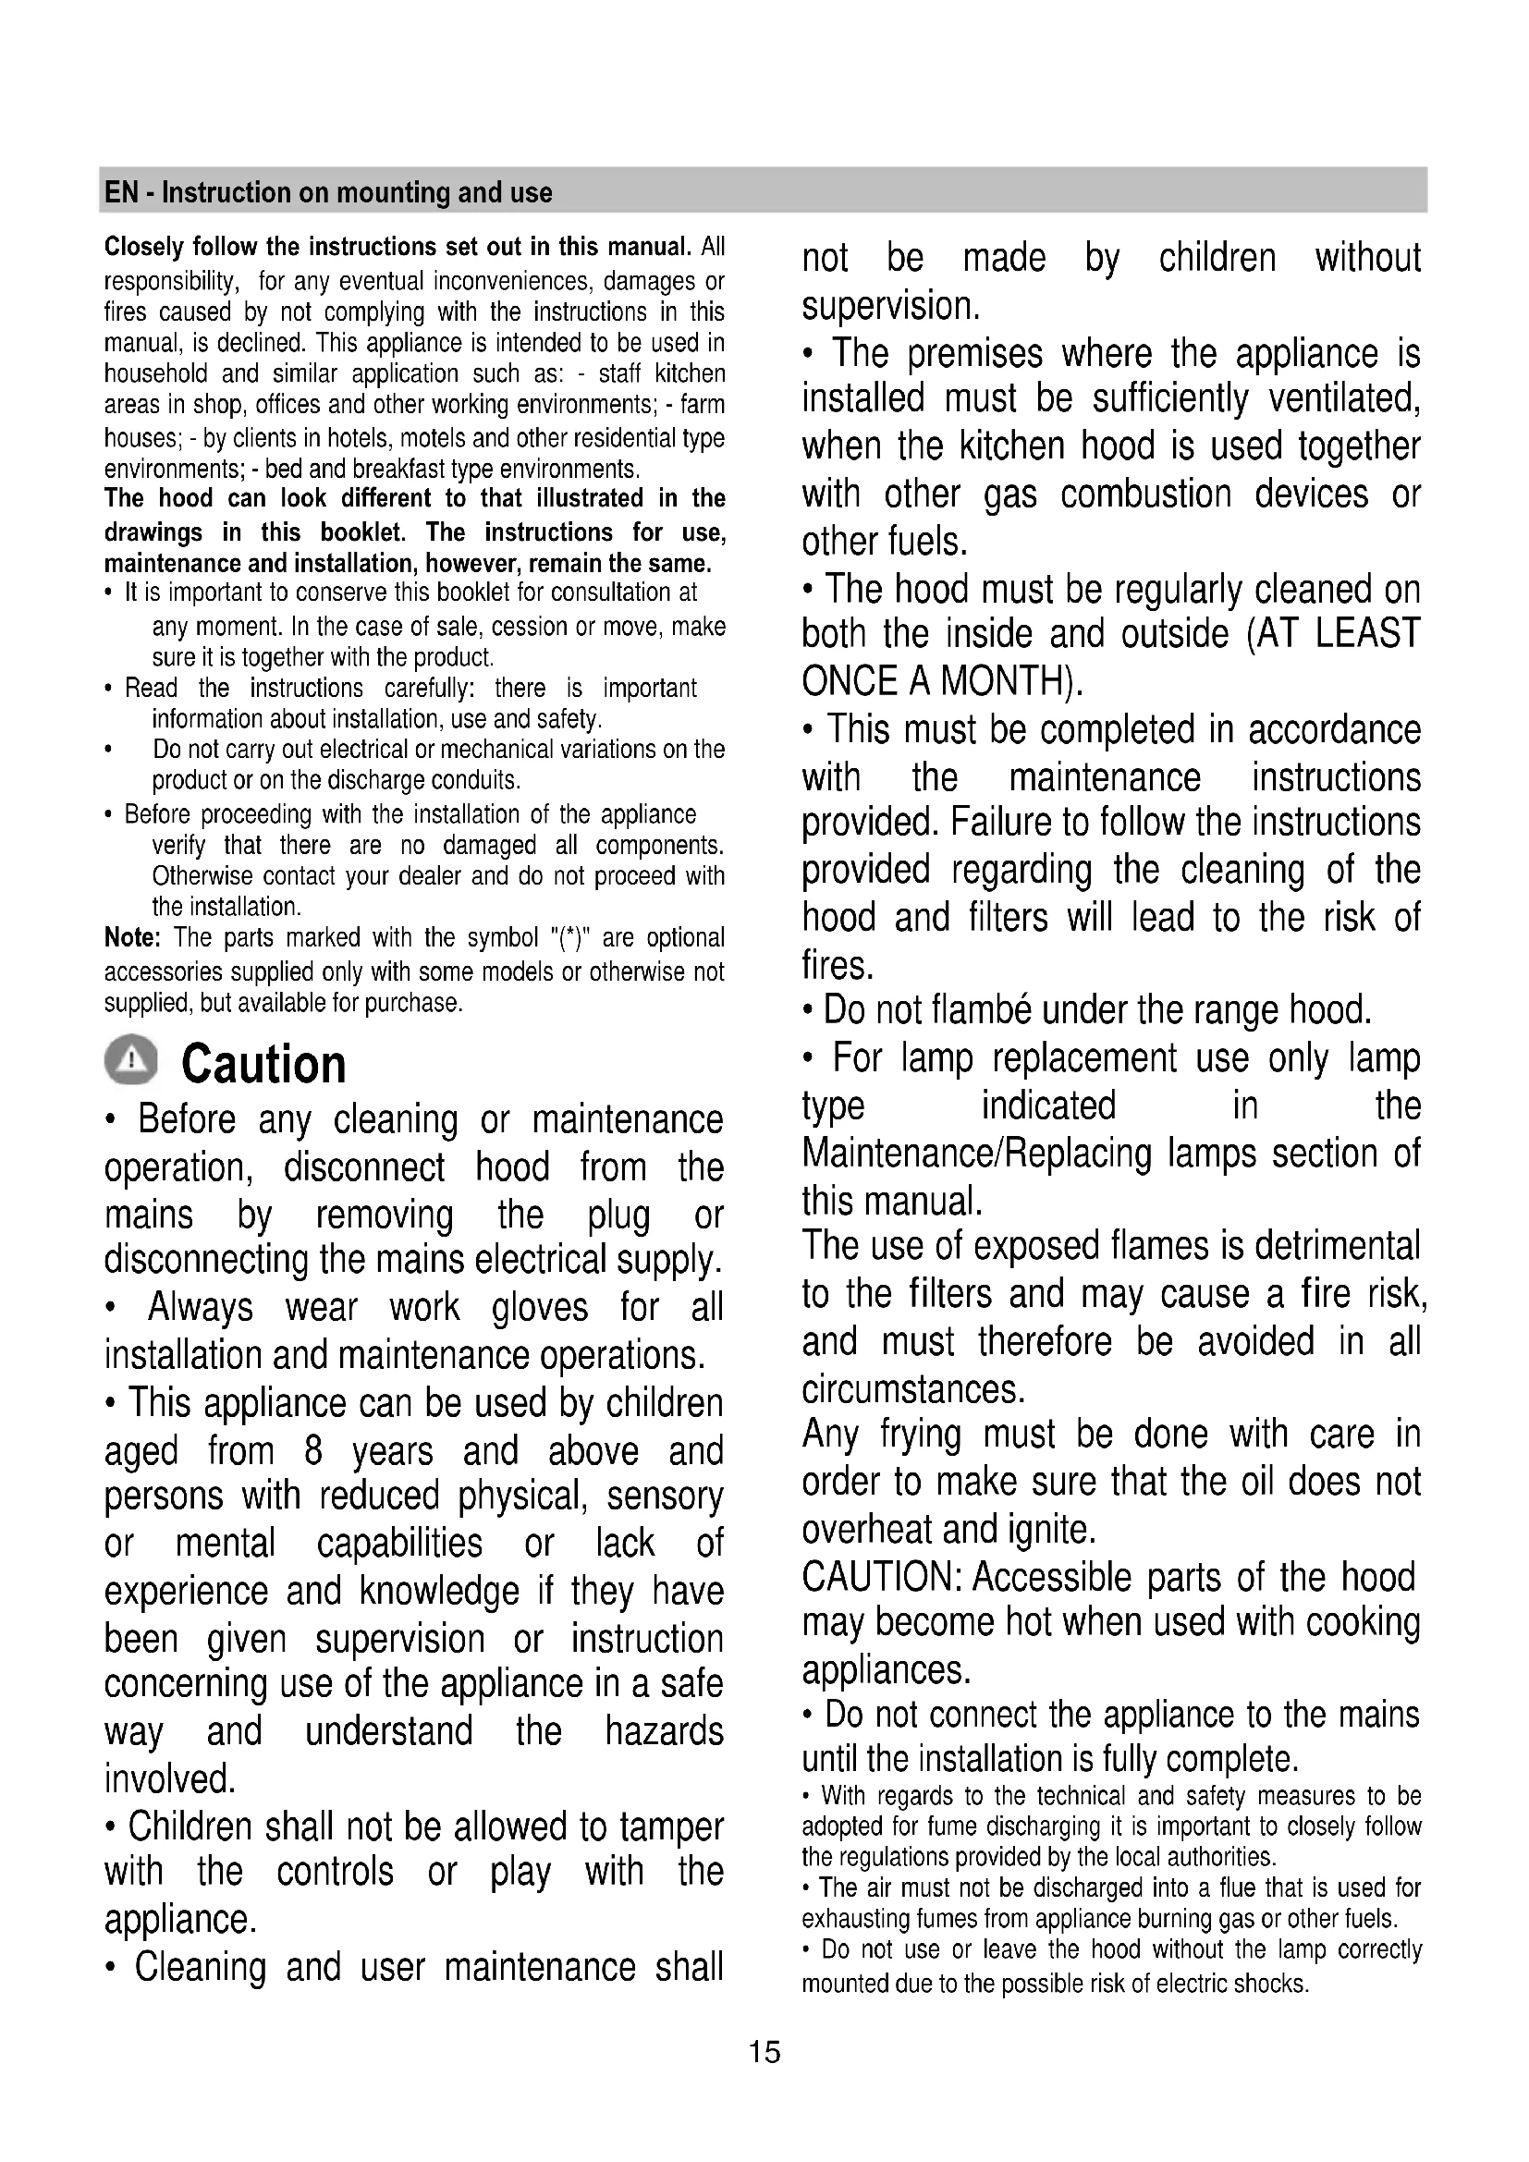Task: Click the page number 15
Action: (764, 2051)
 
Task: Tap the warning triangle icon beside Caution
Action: (132, 1062)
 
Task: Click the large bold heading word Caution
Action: (263, 1065)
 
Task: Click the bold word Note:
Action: (133, 938)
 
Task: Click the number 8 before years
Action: (313, 1451)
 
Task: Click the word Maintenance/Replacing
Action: (976, 1154)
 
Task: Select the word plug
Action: (618, 1215)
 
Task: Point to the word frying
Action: (920, 1435)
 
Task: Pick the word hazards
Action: (664, 1731)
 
